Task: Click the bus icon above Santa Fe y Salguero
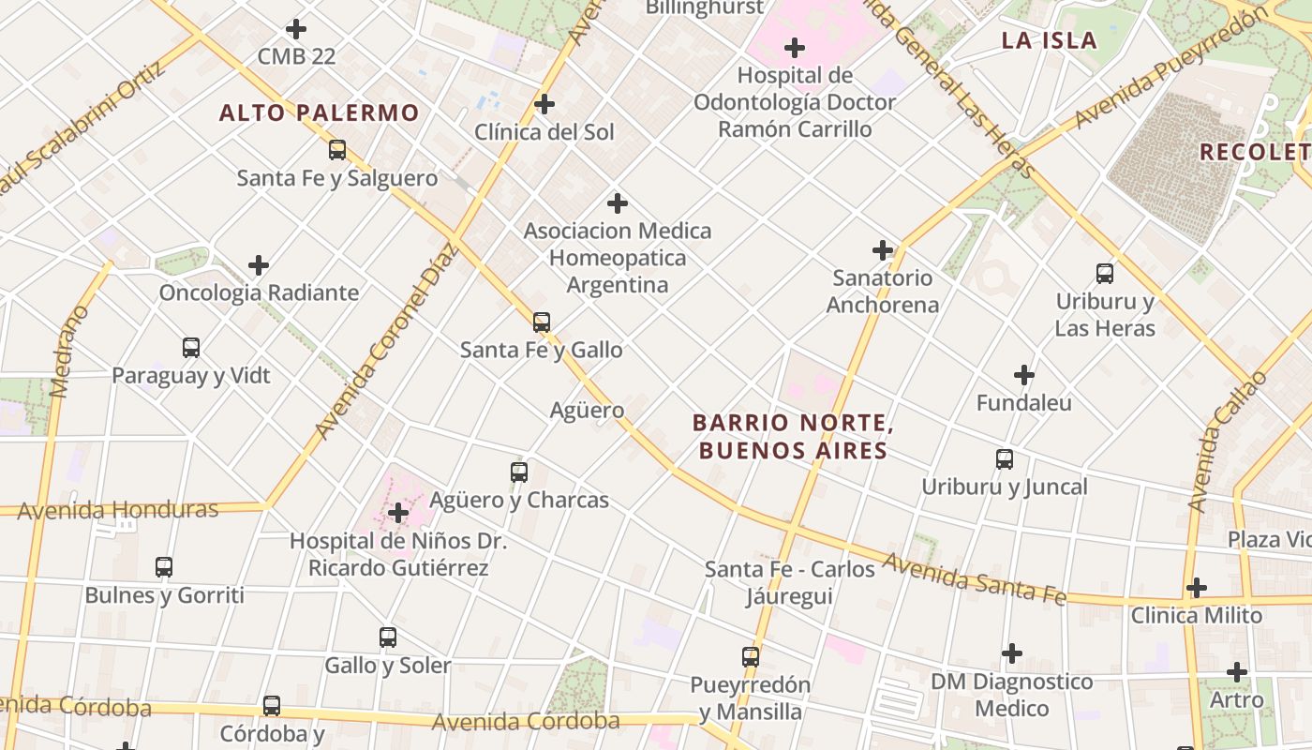click(337, 150)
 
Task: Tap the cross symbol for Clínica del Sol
click(544, 104)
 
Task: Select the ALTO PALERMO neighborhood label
click(320, 113)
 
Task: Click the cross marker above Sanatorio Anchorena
click(882, 250)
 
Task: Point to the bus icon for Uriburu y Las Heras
click(1105, 274)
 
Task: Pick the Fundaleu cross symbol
click(1024, 376)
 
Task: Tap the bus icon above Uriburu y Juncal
click(1005, 459)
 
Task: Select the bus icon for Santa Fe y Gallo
click(542, 322)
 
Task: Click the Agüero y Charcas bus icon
click(519, 472)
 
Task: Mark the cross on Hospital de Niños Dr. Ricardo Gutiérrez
click(398, 513)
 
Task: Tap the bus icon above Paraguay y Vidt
click(191, 348)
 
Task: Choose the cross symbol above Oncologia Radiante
click(259, 265)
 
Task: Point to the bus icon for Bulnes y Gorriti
click(164, 567)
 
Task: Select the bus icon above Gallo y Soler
click(388, 637)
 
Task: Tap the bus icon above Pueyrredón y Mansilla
click(751, 657)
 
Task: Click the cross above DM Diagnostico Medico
click(1012, 653)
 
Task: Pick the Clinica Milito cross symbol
click(1196, 588)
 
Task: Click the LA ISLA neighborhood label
click(1049, 40)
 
